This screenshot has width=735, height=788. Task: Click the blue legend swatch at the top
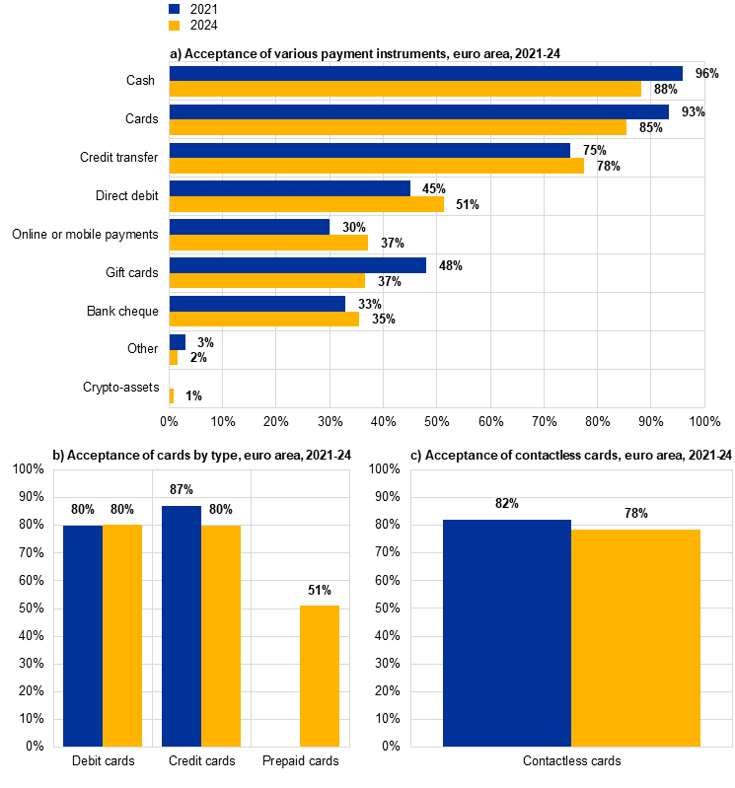point(174,9)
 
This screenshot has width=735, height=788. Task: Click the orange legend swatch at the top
point(174,26)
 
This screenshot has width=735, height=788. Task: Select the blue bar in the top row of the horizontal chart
point(425,73)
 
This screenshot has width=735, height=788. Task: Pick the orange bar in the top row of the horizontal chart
point(404,89)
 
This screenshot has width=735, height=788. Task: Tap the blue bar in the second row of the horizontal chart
point(418,111)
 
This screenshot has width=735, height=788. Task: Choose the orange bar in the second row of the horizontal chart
point(398,127)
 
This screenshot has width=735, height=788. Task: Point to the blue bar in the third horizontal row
point(369,150)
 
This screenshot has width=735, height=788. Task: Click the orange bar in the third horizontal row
point(376,166)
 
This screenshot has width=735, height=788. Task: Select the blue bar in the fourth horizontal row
point(289,188)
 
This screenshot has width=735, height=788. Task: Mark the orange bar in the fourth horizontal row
point(306,204)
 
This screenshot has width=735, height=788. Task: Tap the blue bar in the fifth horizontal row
point(249,227)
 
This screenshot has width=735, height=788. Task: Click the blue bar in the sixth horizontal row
point(297,265)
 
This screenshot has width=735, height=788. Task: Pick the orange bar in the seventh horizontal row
point(263,320)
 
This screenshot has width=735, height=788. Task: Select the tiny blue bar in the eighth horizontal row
point(177,342)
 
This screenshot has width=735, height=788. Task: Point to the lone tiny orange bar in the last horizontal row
point(171,396)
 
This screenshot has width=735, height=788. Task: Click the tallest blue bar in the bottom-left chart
point(182,626)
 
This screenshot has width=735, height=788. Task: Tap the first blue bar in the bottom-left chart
point(83,636)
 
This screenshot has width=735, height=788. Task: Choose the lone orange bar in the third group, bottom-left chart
point(320,677)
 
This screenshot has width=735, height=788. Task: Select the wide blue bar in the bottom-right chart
point(507,633)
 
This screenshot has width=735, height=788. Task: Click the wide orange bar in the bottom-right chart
point(636,638)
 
